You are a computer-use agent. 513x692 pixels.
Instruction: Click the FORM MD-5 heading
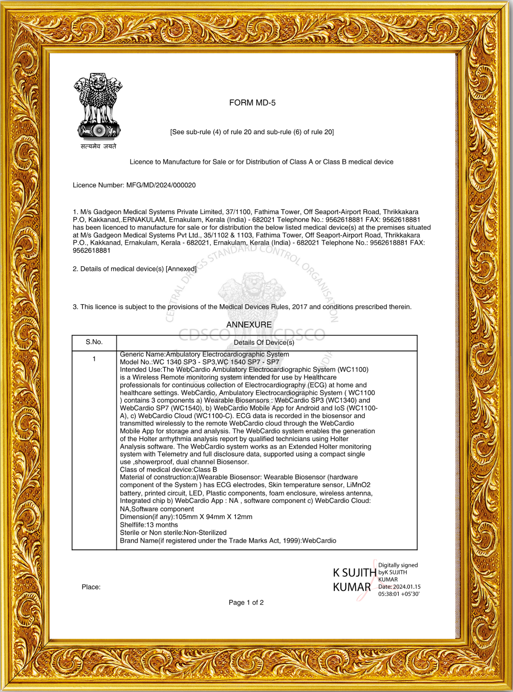click(x=252, y=103)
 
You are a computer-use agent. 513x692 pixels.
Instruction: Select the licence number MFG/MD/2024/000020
click(x=161, y=185)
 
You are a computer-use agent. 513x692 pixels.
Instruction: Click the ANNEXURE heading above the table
click(x=249, y=325)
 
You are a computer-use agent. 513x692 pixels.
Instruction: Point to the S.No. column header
click(x=94, y=342)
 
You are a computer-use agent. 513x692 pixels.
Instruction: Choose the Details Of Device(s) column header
click(x=264, y=343)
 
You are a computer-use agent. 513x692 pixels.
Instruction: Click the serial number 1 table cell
click(x=94, y=359)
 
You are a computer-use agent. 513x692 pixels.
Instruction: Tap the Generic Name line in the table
click(x=204, y=355)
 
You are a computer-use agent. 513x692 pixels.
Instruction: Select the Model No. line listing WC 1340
click(x=199, y=362)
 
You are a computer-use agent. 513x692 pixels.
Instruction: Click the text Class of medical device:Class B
click(x=168, y=470)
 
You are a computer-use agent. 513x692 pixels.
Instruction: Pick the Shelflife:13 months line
click(x=149, y=525)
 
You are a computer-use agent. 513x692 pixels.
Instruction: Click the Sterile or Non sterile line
click(x=173, y=533)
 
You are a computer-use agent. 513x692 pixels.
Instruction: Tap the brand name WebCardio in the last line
click(x=319, y=541)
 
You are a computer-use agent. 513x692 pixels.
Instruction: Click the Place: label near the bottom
click(x=91, y=587)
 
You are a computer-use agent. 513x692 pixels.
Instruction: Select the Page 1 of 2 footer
click(x=246, y=603)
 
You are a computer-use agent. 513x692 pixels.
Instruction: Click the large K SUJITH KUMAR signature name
click(x=354, y=580)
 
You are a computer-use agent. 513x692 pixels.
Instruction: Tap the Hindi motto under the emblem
click(x=98, y=147)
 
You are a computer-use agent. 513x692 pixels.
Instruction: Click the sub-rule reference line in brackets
click(x=252, y=132)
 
